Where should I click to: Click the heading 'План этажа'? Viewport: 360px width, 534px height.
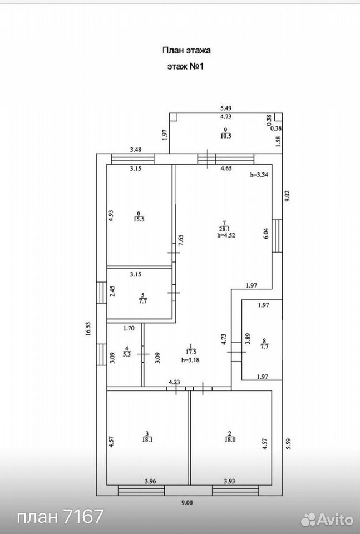coord(186,51)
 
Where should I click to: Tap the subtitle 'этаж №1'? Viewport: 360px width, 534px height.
coord(185,66)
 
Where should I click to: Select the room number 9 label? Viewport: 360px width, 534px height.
coord(225,129)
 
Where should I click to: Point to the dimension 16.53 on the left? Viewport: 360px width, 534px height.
coord(88,329)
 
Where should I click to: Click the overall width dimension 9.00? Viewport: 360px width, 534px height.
coord(186,502)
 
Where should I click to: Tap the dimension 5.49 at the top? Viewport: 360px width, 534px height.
coord(226,108)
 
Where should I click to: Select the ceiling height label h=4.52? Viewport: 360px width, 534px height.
coord(226,235)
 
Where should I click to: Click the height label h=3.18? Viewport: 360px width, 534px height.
coord(190,360)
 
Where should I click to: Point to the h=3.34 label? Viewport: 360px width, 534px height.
coord(259,175)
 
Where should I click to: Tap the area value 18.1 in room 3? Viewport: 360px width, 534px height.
coord(147,439)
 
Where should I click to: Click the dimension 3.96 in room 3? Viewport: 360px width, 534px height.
coord(150,481)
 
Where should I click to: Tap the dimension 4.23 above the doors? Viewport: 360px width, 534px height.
coord(174,382)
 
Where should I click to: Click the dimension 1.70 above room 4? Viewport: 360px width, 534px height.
coord(129,328)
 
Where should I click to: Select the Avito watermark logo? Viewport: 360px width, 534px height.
coord(327,518)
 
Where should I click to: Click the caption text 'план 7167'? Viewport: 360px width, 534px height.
coord(60,516)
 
